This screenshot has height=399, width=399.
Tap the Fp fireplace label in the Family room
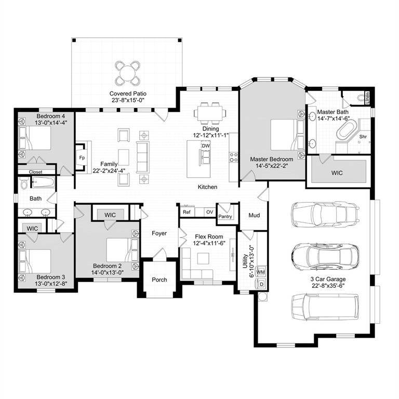pos(82,157)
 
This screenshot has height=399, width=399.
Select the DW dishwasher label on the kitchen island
pos(206,146)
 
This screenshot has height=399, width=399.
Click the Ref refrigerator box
pos(187,212)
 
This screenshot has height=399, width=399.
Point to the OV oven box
pos(209,212)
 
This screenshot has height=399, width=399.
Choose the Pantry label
pos(225,216)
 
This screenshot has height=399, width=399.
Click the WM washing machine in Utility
pos(261,272)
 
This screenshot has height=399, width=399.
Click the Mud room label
pos(254,215)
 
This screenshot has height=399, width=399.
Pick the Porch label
pos(159,280)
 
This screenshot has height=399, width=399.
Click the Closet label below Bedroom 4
pos(35,172)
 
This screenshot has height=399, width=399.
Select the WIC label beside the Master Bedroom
pos(340,171)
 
